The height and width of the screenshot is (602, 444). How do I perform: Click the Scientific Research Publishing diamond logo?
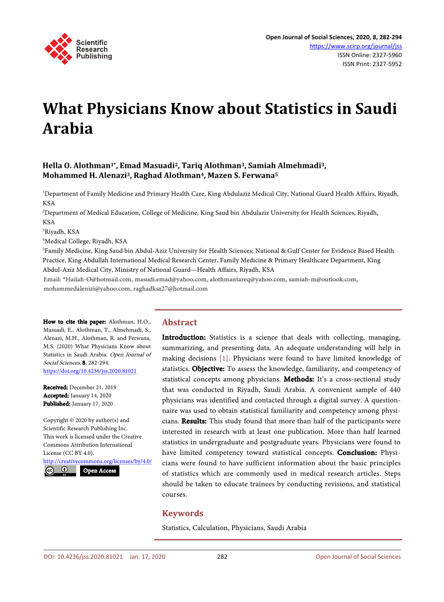pos(58,48)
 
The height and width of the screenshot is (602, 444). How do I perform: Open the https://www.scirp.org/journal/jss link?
pos(355,46)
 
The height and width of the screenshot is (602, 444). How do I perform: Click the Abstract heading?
pos(179,323)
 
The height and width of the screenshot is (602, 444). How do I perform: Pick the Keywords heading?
pos(183,513)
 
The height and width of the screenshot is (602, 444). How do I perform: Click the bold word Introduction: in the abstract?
pos(184,337)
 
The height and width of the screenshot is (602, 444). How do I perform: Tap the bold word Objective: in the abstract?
pos(208,369)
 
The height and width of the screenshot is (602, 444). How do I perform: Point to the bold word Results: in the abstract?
pos(194,421)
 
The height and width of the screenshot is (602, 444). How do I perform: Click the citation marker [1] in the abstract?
pos(224,359)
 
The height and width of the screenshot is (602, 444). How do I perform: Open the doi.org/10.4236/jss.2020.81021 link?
pos(90,371)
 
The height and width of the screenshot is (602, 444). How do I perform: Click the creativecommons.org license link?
pos(97,461)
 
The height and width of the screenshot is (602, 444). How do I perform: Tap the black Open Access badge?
pos(100,471)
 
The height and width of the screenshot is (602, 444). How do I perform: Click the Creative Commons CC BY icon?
pos(60,471)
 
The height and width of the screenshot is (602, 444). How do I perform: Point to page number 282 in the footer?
pos(222,556)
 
